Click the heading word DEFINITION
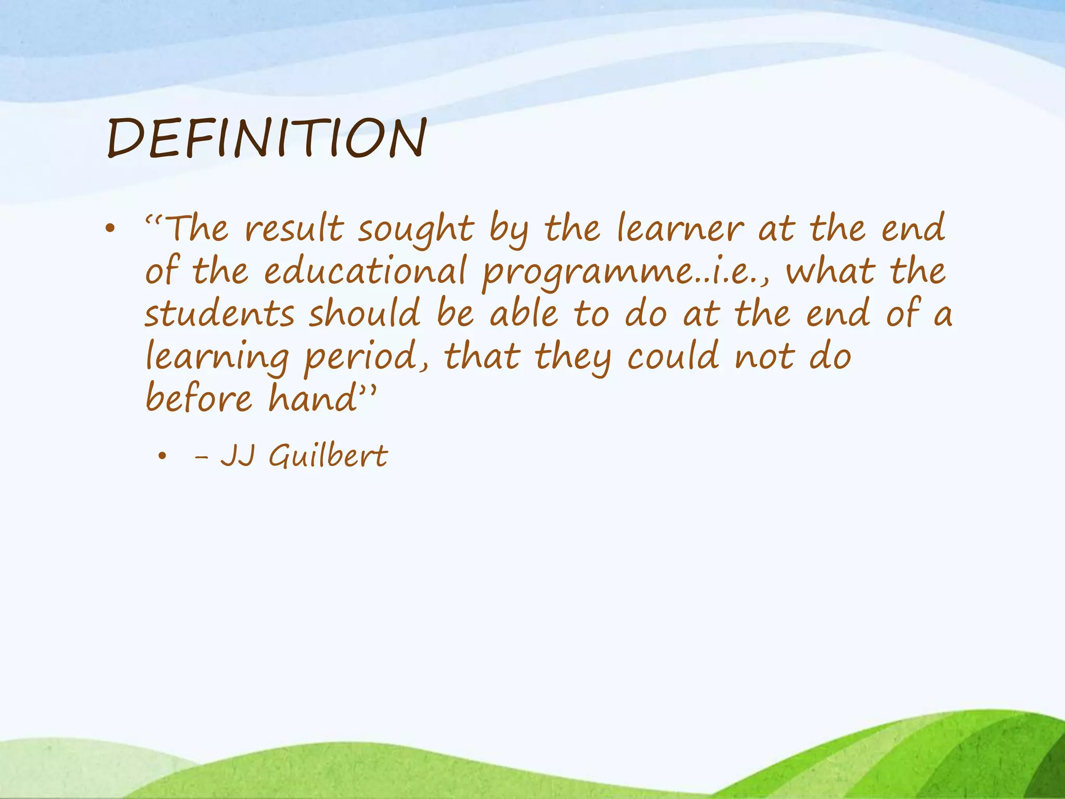(x=267, y=138)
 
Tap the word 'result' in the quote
(x=294, y=229)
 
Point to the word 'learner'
(x=680, y=229)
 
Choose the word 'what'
(x=830, y=272)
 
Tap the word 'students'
(x=219, y=315)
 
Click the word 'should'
(x=365, y=314)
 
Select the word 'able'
(x=524, y=314)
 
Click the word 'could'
(x=673, y=356)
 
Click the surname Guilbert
(x=328, y=457)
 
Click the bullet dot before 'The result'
(x=109, y=229)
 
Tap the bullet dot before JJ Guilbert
(x=163, y=457)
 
